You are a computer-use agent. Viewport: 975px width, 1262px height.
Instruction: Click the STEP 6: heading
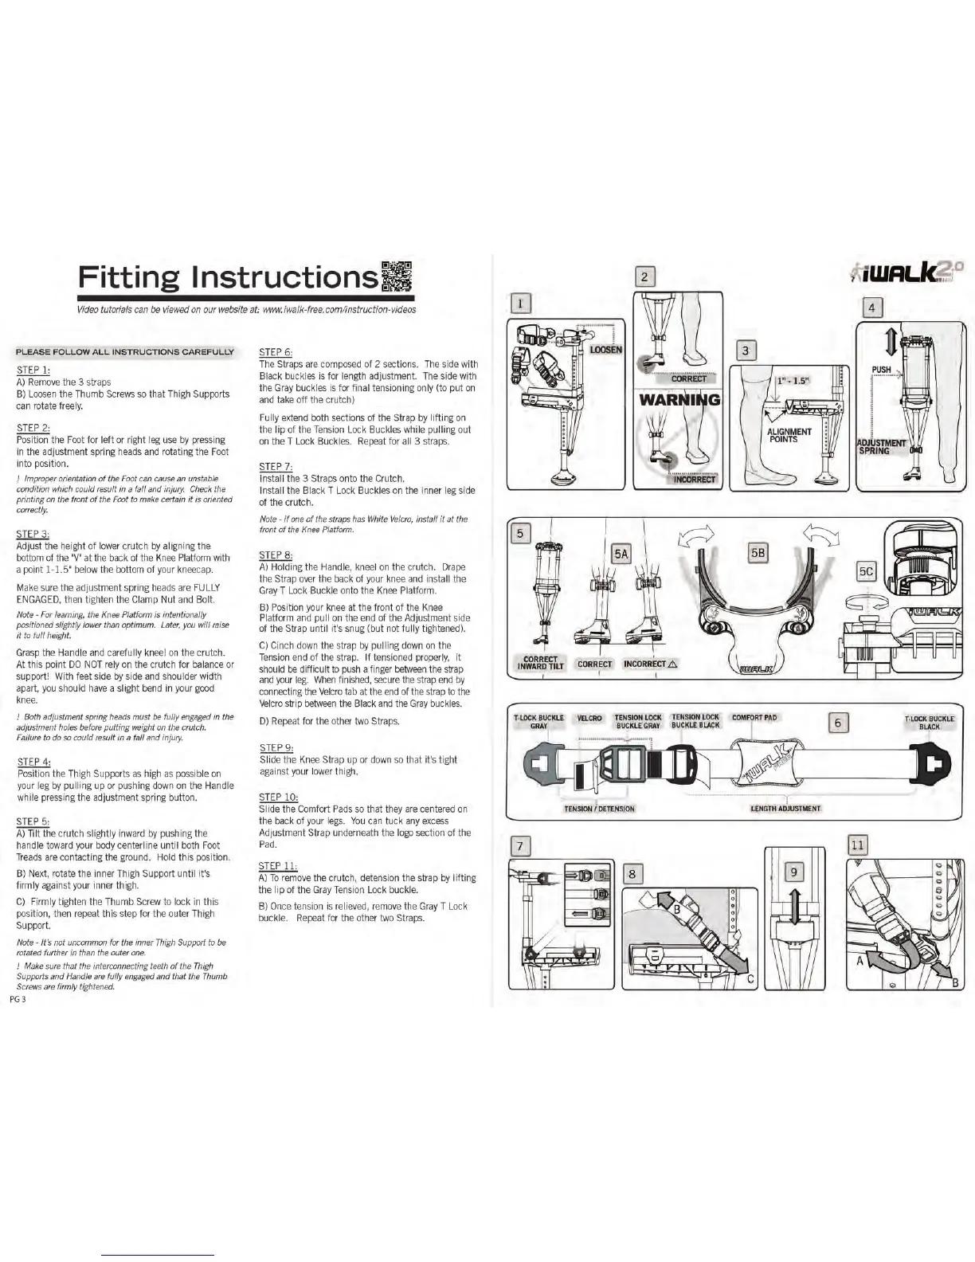[276, 351]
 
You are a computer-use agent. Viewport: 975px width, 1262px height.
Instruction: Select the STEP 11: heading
[278, 866]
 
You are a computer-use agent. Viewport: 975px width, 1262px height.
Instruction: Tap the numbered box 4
[872, 307]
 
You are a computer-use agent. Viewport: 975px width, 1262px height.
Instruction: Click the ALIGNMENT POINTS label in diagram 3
[789, 435]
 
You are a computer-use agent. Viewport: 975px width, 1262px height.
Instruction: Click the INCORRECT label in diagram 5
[650, 664]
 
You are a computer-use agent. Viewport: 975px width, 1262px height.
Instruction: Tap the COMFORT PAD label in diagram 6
[754, 718]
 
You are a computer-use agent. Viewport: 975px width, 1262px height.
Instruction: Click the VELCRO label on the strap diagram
[589, 719]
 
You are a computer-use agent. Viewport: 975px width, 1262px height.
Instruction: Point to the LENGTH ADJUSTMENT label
[785, 808]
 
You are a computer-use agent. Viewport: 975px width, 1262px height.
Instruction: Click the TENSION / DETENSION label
[599, 809]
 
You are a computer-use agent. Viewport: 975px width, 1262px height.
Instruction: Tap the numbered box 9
[794, 872]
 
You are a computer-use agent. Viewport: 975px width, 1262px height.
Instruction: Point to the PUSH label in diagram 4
[881, 370]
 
